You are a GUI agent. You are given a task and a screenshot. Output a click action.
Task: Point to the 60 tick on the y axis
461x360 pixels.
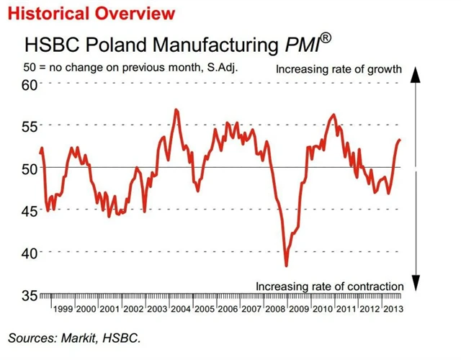pos(29,85)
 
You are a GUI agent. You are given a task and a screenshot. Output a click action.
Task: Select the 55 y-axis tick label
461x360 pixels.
pos(29,127)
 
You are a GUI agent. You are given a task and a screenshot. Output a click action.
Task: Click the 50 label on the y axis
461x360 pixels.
pos(29,168)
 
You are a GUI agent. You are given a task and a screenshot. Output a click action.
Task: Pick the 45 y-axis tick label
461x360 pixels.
pos(29,211)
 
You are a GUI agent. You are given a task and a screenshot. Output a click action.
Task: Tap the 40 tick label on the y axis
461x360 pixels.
pos(29,253)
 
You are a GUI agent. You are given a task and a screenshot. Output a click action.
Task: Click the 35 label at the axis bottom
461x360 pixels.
pos(29,295)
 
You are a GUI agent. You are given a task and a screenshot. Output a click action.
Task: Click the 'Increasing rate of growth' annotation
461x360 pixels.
pos(339,70)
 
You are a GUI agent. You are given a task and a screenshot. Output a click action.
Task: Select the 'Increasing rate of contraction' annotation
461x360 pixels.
pos(329,286)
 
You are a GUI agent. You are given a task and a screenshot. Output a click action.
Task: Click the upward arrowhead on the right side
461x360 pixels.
pos(415,71)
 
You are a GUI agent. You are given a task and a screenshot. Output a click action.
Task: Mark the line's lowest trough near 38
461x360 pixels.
pos(287,265)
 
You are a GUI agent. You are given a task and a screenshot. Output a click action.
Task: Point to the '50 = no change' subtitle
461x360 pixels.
pos(130,69)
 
